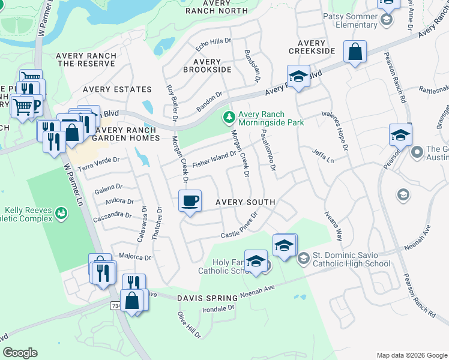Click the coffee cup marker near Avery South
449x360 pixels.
pyautogui.click(x=190, y=201)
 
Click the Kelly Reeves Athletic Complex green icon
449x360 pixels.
pyautogui.click(x=61, y=213)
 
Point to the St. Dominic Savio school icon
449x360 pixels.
pyautogui.click(x=303, y=257)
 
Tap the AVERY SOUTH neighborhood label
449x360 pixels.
pyautogui.click(x=245, y=203)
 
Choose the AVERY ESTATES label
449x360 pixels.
pyautogui.click(x=117, y=89)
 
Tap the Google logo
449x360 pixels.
pyautogui.click(x=20, y=353)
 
